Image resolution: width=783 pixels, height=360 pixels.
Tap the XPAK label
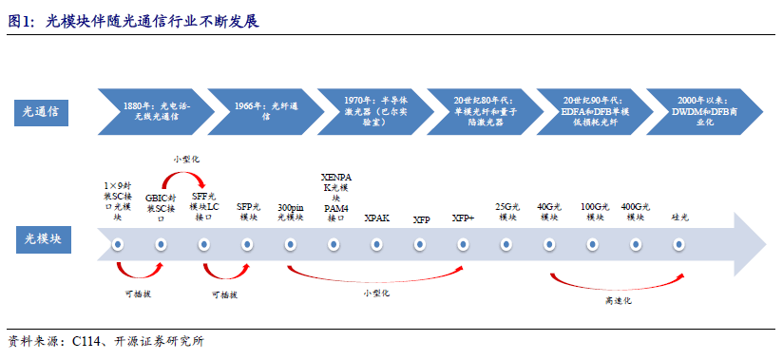tap(377, 218)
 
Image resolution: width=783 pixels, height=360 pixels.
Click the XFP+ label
tap(463, 218)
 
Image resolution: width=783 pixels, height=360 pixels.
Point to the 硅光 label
tap(678, 218)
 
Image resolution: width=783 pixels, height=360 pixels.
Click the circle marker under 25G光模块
tap(506, 245)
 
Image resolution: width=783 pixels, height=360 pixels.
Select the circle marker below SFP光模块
tap(247, 245)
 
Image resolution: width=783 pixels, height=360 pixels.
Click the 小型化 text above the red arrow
tap(186, 159)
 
